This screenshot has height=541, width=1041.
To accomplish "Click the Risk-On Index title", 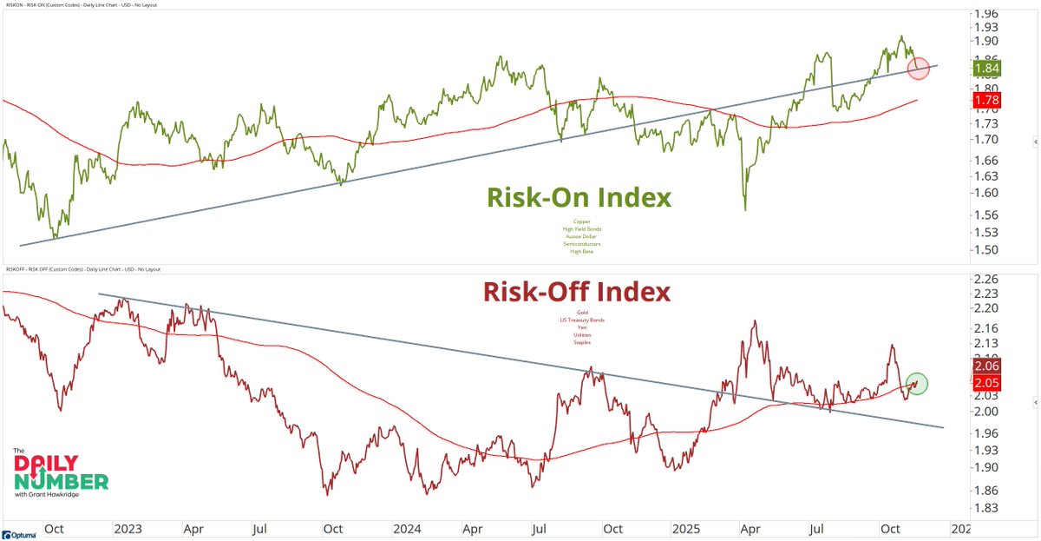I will click(x=579, y=198).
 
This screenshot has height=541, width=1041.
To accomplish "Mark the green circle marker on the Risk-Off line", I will click(x=918, y=382).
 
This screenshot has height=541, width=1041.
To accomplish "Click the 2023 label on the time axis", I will click(x=127, y=528).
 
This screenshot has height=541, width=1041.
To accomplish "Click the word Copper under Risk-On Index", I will click(x=581, y=221).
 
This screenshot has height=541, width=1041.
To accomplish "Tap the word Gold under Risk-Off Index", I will click(x=582, y=313).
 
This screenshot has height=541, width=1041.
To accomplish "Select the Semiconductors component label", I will click(x=581, y=244).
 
